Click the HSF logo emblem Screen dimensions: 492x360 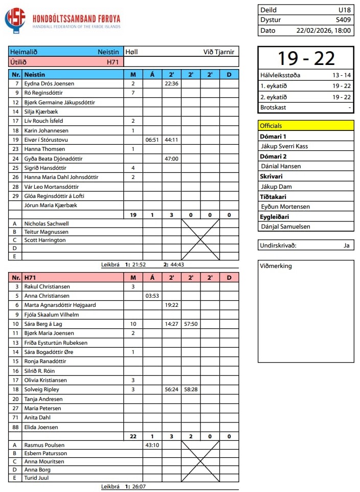[x=15, y=20]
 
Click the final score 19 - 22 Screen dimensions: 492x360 [x=305, y=58]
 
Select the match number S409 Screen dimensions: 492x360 [x=343, y=20]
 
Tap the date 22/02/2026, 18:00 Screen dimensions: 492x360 [x=324, y=30]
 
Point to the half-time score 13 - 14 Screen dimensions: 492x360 [x=341, y=75]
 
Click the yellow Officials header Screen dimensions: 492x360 [x=306, y=125]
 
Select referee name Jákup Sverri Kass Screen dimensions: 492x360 [x=284, y=146]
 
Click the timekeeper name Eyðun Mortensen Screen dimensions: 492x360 [x=287, y=207]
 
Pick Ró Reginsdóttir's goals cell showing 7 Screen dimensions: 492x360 [x=133, y=93]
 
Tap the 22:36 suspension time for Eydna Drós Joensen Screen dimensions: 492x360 [x=171, y=83]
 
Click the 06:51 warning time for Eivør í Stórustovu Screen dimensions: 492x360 [x=152, y=140]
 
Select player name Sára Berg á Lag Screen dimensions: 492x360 [x=43, y=324]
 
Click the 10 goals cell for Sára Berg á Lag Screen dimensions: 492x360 [x=133, y=324]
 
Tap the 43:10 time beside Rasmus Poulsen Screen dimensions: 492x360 [x=152, y=445]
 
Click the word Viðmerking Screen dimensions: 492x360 [x=276, y=266]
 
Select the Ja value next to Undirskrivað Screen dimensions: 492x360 [x=347, y=245]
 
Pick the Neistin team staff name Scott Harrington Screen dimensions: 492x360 [x=45, y=240]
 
